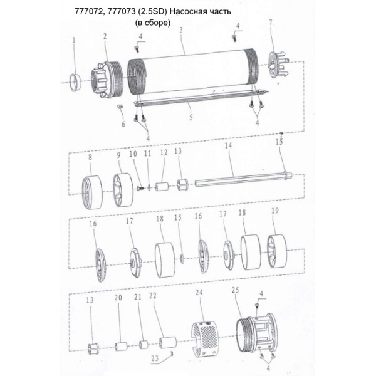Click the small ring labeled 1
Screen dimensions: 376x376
75,82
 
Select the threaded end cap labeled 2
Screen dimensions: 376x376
107,80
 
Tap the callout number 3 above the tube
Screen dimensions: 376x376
181,30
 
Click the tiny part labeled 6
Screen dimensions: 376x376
120,107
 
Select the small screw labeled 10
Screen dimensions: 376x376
140,188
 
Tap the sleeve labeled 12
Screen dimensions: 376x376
162,187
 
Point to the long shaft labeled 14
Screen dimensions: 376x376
243,178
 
